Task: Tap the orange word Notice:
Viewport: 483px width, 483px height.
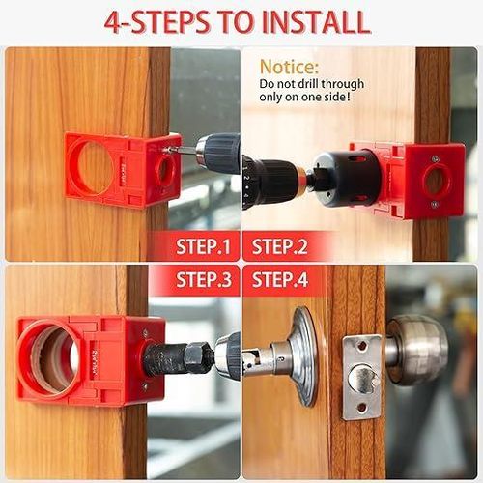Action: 289,68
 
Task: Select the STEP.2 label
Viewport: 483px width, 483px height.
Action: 279,246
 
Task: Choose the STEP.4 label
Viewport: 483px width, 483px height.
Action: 279,280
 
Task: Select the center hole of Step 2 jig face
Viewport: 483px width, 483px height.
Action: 434,181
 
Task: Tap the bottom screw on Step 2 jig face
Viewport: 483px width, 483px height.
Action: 434,205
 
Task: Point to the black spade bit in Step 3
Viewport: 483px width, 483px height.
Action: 174,357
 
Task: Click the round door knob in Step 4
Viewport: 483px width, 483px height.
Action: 416,348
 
